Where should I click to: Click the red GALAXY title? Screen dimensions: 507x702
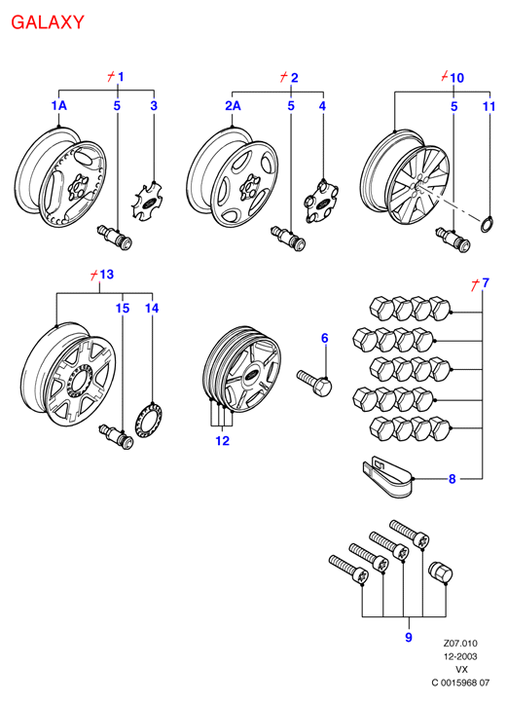(48, 22)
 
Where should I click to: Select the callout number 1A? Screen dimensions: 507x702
(58, 105)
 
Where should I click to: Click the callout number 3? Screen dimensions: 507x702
(154, 106)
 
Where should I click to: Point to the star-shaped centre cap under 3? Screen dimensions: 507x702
(147, 201)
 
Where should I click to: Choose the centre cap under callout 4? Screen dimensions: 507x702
(321, 200)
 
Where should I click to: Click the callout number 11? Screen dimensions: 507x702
(489, 106)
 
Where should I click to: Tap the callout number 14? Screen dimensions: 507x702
(152, 308)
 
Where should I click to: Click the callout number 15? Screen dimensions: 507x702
(123, 308)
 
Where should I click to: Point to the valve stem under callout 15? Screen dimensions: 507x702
(116, 436)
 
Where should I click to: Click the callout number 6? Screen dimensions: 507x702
(324, 338)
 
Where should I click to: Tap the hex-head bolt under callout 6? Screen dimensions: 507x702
(314, 383)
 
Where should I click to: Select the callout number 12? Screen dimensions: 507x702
(223, 440)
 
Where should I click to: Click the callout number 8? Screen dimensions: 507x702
(452, 479)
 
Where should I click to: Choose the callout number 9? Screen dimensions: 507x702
(409, 637)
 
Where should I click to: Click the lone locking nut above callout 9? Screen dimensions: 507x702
(440, 573)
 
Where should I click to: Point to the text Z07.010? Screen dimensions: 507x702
(460, 644)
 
